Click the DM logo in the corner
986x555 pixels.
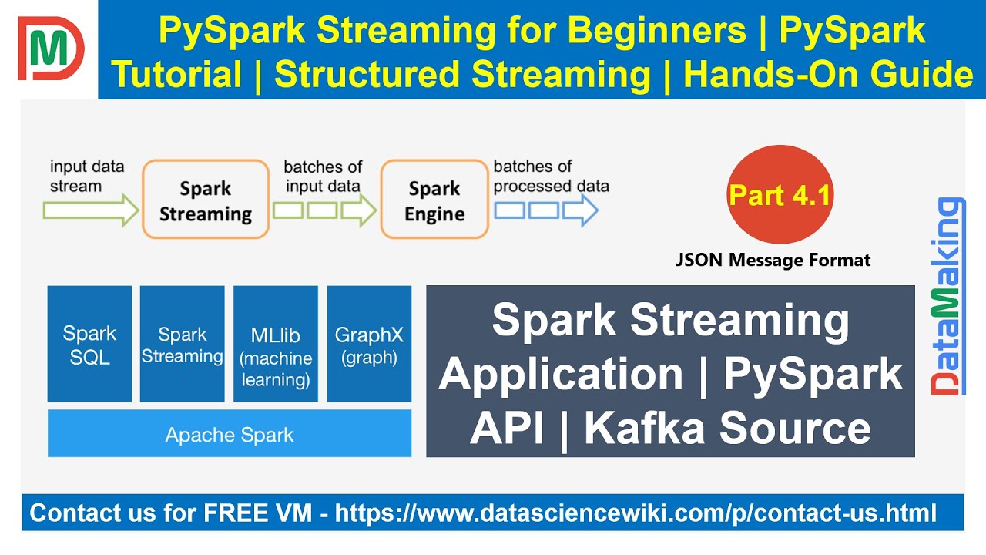(51, 49)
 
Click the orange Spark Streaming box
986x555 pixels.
(206, 199)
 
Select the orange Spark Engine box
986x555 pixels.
(434, 199)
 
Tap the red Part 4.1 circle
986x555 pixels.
(780, 194)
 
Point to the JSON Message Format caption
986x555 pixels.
(773, 260)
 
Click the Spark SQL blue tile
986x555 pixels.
(89, 344)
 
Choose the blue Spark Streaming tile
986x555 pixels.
(183, 344)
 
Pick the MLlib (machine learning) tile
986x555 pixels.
(276, 344)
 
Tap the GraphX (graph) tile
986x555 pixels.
(369, 344)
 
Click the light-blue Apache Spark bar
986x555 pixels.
(230, 433)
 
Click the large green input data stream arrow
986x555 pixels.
(91, 210)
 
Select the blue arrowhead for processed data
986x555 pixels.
(581, 210)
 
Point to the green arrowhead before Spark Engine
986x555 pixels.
(359, 210)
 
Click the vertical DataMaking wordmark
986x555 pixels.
(947, 296)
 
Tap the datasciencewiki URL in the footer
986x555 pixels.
(636, 513)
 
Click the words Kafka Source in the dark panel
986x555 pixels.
(727, 429)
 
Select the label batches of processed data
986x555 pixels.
(551, 177)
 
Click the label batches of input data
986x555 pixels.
(323, 177)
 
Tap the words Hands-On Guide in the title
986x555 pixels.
(828, 75)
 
